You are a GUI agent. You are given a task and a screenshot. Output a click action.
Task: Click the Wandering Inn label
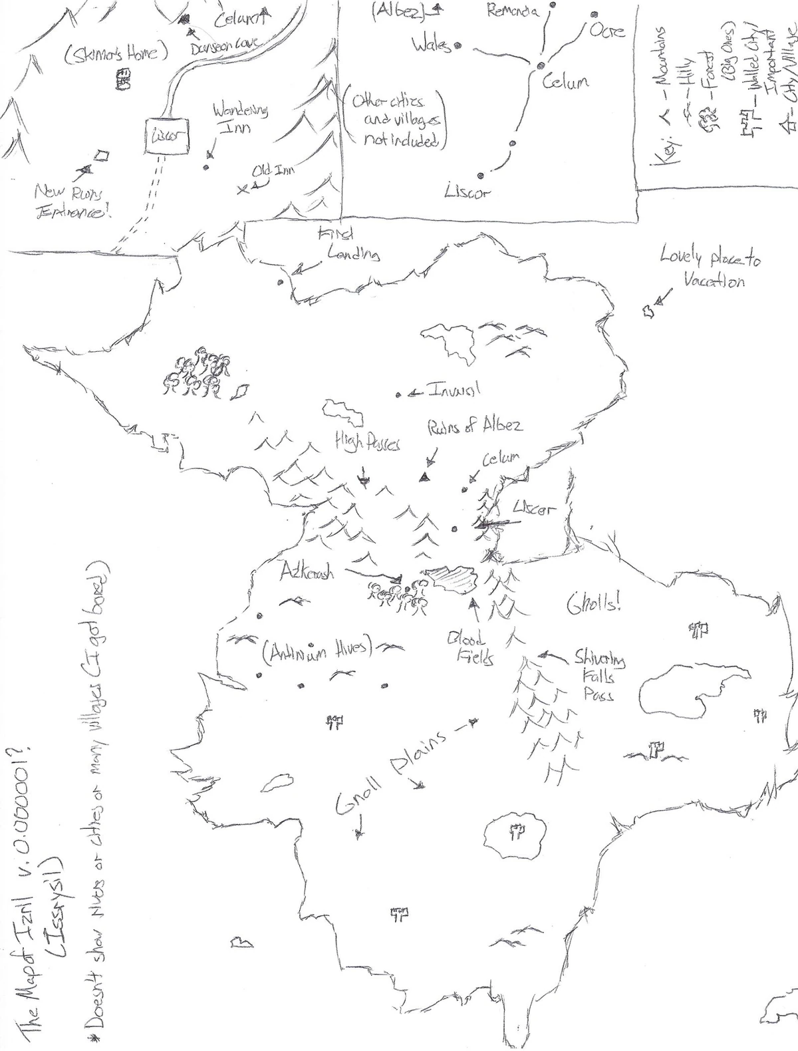pyautogui.click(x=240, y=118)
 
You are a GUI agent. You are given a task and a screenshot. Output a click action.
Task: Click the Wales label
pyautogui.click(x=430, y=45)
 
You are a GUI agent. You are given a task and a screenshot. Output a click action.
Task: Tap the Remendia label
pyautogui.click(x=513, y=11)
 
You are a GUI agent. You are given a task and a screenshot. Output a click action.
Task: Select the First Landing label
pyautogui.click(x=346, y=245)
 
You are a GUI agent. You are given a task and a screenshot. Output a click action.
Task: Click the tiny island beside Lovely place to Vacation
pyautogui.click(x=646, y=311)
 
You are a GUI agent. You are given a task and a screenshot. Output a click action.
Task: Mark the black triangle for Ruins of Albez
pyautogui.click(x=423, y=476)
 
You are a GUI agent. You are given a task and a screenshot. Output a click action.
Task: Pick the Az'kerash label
pyautogui.click(x=307, y=572)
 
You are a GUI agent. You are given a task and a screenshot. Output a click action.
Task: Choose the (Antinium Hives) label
pyautogui.click(x=318, y=652)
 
